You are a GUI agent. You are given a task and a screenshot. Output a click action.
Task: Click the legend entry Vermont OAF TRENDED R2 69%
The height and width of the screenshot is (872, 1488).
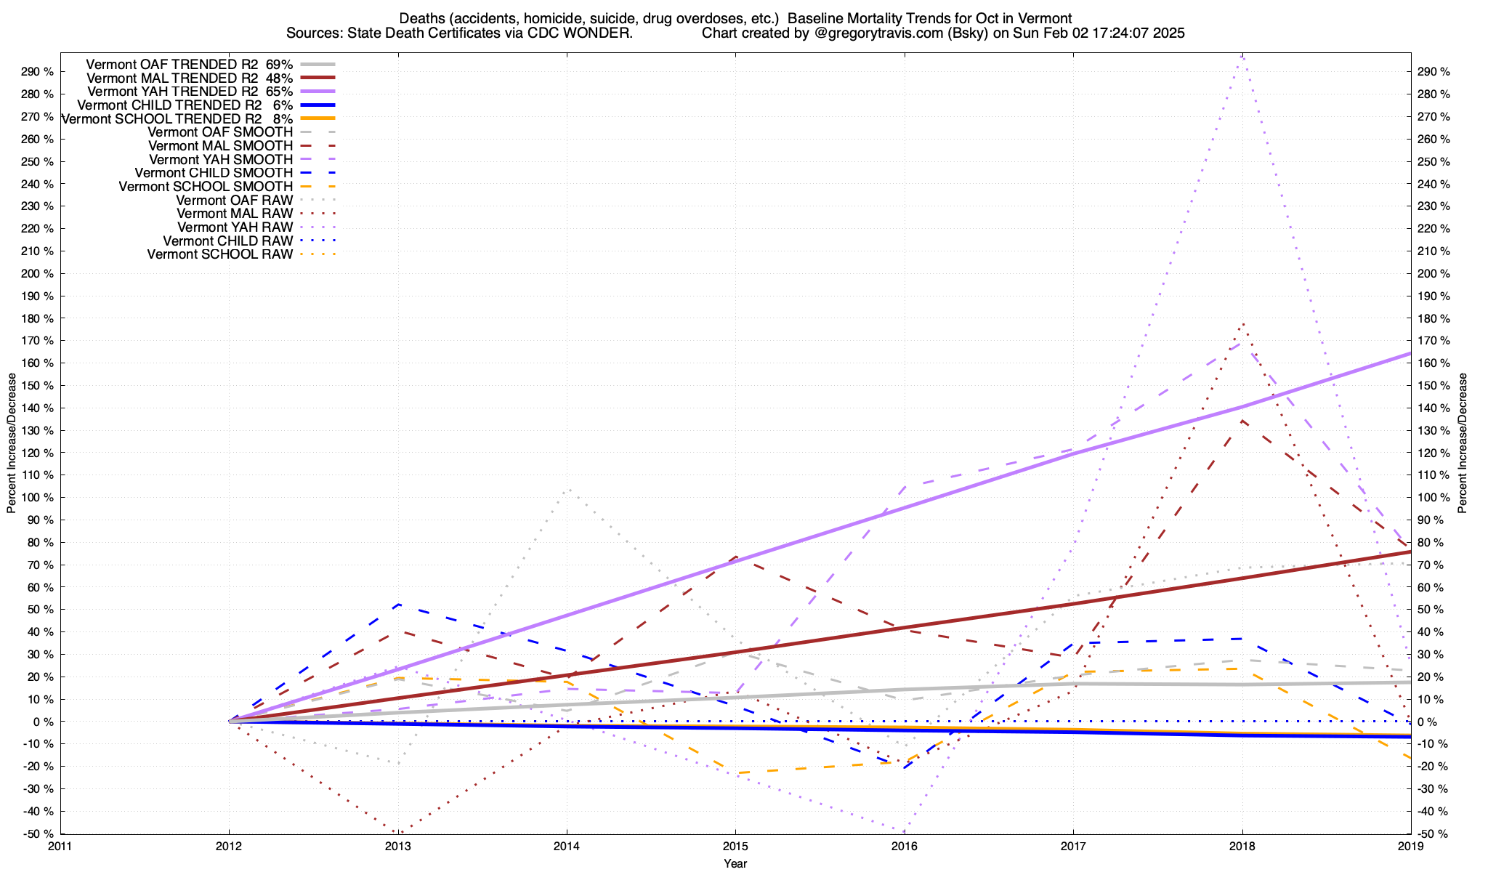click(189, 64)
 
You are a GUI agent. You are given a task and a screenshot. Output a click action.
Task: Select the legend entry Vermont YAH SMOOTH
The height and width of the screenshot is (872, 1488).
click(221, 159)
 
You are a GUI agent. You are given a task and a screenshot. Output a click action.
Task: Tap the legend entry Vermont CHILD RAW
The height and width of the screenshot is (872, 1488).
click(227, 241)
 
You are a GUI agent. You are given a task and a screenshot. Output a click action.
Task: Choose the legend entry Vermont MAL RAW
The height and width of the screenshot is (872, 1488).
click(235, 214)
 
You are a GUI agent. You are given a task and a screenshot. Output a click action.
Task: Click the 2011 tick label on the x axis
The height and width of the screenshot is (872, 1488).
click(60, 846)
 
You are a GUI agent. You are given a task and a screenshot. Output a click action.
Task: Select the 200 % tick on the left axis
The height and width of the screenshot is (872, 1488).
click(39, 273)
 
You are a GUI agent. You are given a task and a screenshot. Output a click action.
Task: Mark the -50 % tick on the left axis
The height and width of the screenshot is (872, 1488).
click(39, 833)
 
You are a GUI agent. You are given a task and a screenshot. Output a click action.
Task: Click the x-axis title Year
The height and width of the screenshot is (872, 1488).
click(735, 863)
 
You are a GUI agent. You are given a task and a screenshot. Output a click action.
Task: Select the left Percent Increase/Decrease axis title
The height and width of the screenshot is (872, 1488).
click(12, 443)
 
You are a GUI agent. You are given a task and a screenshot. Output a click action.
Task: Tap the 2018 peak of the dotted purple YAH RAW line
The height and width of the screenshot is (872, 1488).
click(1242, 55)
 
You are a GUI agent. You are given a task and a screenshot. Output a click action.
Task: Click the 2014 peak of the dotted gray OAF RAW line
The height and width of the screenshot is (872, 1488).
click(567, 489)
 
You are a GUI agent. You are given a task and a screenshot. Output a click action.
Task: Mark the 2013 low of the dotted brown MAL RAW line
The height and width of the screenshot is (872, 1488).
click(398, 832)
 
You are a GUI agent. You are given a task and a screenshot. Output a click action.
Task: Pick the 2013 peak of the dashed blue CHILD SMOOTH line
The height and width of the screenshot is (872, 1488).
click(398, 604)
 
